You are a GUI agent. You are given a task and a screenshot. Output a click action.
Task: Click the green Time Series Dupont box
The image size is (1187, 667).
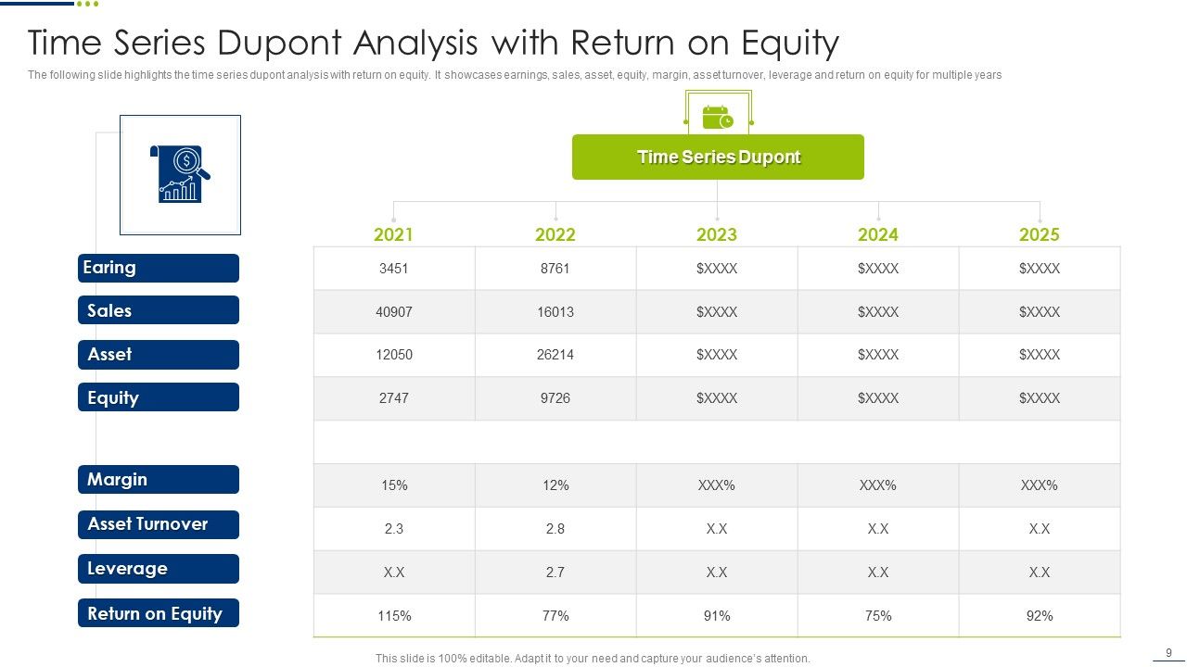718,157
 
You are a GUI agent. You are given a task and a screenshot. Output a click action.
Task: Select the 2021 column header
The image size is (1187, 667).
393,234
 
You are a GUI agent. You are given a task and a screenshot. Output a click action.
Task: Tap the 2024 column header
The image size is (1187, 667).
877,234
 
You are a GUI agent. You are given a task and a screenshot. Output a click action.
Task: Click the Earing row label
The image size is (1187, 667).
158,268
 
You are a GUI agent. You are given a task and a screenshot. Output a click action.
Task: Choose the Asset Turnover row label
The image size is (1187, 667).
158,524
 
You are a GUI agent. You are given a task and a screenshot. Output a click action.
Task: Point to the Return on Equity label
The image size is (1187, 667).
158,613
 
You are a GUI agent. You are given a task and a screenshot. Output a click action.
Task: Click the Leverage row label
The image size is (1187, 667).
158,569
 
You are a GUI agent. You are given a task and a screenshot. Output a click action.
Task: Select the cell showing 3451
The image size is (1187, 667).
393,269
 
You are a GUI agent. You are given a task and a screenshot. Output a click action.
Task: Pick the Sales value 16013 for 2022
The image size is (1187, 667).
555,312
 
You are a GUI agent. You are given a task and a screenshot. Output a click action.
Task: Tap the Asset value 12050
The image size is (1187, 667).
393,355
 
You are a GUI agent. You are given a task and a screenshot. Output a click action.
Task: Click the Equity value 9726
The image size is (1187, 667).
555,398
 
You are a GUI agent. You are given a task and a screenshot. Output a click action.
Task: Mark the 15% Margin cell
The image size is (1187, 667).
393,485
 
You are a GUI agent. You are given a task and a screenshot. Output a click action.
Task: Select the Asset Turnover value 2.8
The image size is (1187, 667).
555,529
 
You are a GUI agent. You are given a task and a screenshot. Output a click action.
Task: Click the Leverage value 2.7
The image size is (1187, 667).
555,573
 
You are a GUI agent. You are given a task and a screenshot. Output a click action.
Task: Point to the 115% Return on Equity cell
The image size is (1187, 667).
393,616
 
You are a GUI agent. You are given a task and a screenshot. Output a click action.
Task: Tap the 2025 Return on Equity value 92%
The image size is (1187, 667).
1039,616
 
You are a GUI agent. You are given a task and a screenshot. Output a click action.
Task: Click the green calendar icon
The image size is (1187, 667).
717,119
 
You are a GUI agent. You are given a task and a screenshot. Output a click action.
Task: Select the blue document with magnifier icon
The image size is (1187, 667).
180,174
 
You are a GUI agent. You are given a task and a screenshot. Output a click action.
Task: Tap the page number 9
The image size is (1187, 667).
1168,652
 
